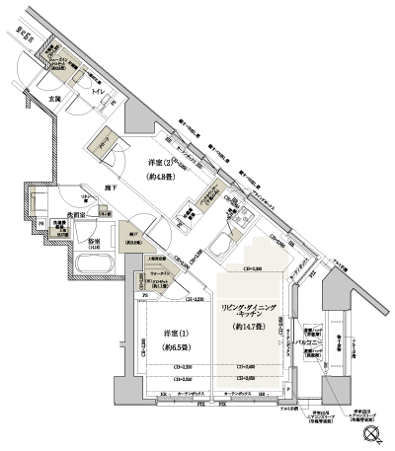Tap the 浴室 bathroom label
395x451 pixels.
click(x=93, y=241)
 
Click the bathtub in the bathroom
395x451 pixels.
click(x=92, y=264)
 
